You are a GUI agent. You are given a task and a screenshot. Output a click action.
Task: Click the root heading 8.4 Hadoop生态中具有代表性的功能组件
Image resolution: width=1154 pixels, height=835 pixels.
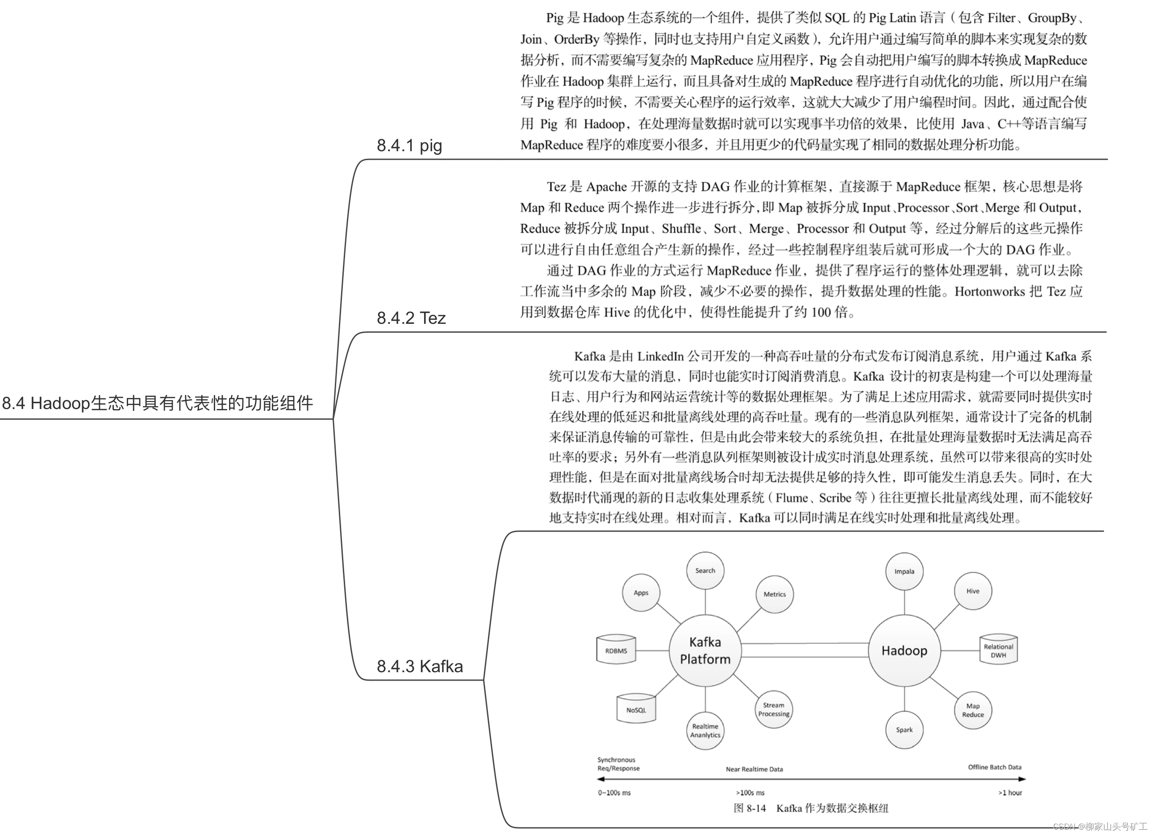tap(157, 403)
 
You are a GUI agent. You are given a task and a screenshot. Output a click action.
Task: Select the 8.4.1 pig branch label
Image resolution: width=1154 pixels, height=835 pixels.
tap(409, 145)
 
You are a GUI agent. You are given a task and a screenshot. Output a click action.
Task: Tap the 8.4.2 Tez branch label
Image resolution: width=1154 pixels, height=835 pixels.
tap(411, 318)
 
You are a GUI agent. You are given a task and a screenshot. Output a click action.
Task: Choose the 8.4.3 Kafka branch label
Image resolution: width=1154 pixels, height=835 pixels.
tap(420, 666)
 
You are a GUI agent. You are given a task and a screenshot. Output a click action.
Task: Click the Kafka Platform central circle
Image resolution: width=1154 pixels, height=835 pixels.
tap(705, 650)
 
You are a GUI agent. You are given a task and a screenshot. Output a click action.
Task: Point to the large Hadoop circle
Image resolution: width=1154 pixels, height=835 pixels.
tap(904, 650)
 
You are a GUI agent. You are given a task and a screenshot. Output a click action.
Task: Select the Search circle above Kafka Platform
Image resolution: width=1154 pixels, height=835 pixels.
tap(705, 570)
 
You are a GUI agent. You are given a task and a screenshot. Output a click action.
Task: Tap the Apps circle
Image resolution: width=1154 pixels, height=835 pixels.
tap(641, 592)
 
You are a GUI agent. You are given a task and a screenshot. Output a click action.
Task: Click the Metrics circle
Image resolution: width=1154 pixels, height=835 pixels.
tap(775, 594)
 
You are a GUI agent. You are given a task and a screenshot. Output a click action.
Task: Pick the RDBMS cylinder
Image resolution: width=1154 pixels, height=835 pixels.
tap(616, 650)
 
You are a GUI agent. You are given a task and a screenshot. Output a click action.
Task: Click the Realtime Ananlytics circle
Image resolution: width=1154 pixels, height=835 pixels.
tap(705, 731)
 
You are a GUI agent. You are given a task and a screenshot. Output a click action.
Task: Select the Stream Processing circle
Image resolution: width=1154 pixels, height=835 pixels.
tap(773, 709)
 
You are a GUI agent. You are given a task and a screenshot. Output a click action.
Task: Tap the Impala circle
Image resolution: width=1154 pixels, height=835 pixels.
tap(904, 571)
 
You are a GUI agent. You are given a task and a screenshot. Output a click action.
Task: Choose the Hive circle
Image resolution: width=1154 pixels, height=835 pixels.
tap(972, 591)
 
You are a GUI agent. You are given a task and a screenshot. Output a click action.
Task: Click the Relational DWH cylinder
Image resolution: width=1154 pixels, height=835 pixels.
tap(998, 650)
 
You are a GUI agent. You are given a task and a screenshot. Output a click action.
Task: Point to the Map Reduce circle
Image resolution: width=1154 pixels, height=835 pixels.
tap(972, 710)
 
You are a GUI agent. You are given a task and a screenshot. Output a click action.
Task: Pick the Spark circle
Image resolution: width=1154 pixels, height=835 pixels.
tap(904, 730)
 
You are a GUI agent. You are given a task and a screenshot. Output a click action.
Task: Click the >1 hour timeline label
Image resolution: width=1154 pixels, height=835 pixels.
tap(1009, 792)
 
